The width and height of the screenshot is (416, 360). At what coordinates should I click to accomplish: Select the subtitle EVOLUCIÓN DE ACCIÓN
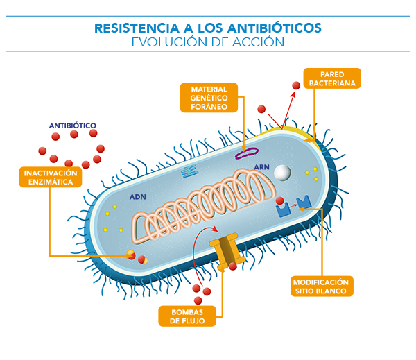pos(207,42)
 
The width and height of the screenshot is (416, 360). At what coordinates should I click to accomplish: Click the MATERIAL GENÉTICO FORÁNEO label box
pos(209,98)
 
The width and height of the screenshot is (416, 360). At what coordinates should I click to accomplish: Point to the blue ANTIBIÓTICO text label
pos(72,126)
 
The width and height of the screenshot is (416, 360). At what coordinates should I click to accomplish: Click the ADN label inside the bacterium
pos(137,197)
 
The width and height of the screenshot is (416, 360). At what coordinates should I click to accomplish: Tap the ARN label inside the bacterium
pos(261,167)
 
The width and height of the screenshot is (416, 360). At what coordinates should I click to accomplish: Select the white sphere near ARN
pos(281,171)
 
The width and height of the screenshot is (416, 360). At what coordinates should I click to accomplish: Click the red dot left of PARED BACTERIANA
pos(295,85)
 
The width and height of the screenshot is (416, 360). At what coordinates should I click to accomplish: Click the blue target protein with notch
pos(303,202)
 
